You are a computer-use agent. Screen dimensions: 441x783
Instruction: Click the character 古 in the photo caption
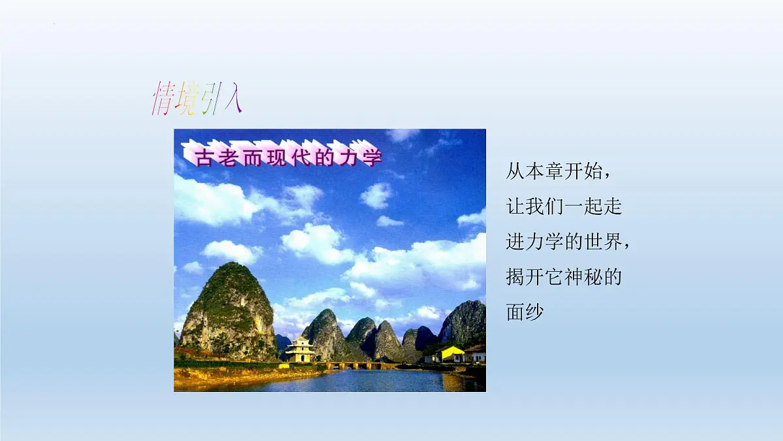pyautogui.click(x=204, y=157)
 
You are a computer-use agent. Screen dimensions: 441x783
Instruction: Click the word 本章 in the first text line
pyautogui.click(x=538, y=172)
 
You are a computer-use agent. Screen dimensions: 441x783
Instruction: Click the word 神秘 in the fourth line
pyautogui.click(x=585, y=278)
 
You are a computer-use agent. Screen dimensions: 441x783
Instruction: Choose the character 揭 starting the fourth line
pyautogui.click(x=515, y=278)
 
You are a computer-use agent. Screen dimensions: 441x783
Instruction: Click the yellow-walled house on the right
pyautogui.click(x=450, y=354)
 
